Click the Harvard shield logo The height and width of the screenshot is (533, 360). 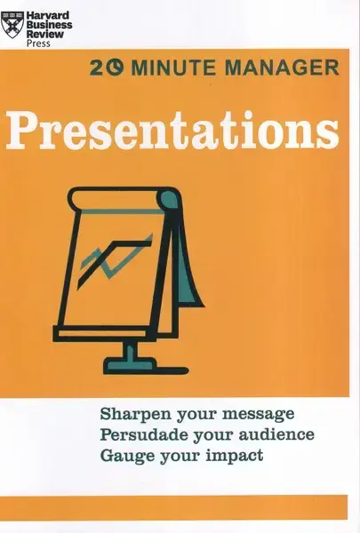pos(12,25)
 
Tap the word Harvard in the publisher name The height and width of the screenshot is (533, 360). pos(48,16)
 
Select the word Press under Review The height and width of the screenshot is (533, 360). pos(38,44)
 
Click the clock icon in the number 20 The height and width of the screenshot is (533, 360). pos(116,67)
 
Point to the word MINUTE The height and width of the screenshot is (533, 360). pos(173,68)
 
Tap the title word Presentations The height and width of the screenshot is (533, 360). pos(172,131)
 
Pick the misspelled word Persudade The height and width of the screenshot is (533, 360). pos(144,434)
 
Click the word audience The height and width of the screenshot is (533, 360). pos(276,434)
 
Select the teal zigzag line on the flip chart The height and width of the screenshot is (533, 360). pos(116,259)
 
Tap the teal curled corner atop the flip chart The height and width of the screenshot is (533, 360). pos(169,199)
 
